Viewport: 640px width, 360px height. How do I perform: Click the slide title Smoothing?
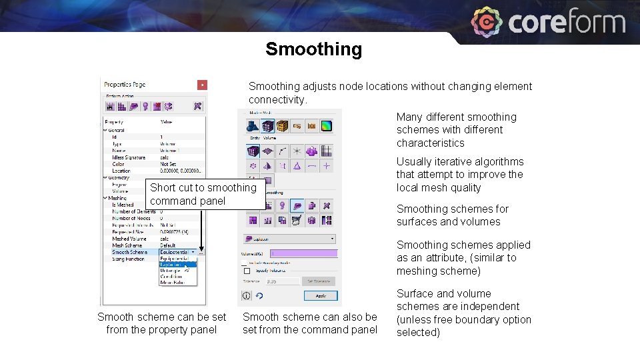(x=313, y=49)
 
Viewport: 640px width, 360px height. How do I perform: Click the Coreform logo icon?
(x=487, y=22)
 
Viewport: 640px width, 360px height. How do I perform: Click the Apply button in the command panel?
(x=321, y=295)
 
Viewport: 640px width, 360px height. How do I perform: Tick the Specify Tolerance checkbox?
(x=247, y=271)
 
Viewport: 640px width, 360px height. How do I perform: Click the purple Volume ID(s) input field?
(x=303, y=253)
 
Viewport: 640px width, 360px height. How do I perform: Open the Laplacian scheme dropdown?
(x=291, y=238)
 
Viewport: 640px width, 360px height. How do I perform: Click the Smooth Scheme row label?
(x=130, y=252)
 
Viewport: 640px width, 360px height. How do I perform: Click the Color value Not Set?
(x=167, y=164)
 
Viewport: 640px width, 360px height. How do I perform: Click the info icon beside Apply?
(x=246, y=295)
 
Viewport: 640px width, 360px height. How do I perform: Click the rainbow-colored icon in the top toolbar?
(x=326, y=126)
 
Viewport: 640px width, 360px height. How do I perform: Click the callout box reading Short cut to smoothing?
(x=203, y=194)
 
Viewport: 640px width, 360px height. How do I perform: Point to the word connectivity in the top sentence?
(x=276, y=100)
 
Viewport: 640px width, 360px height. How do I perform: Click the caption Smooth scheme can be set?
(x=161, y=317)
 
